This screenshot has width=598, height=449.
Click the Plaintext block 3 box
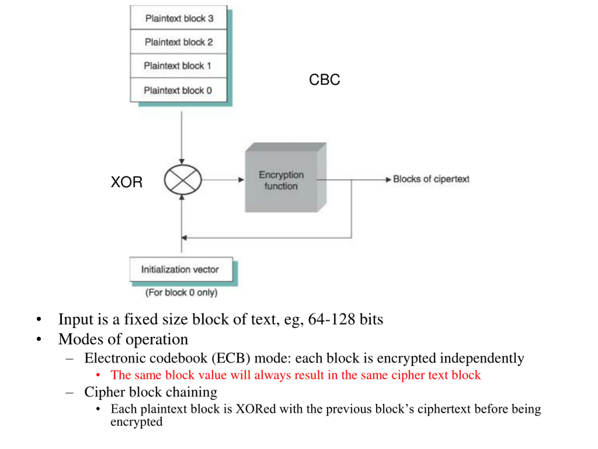[x=178, y=18]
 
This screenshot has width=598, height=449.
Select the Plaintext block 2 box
[x=178, y=42]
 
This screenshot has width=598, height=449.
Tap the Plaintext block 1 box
[x=178, y=66]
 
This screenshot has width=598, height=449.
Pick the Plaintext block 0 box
[x=178, y=90]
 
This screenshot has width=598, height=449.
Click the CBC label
[x=324, y=80]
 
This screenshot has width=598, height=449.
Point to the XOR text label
[x=127, y=182]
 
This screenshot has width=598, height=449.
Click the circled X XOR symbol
[x=183, y=180]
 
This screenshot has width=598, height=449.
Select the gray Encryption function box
[x=286, y=177]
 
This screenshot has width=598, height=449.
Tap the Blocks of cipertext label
[x=431, y=179]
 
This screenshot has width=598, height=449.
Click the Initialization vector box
[x=181, y=269]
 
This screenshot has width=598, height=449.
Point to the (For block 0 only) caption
[x=182, y=293]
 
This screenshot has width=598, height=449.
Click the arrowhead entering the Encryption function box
[x=241, y=180]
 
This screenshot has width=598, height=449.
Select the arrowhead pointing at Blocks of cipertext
[x=388, y=180]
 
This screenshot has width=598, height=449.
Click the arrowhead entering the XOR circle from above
[x=182, y=162]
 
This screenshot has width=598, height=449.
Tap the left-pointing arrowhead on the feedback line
[x=184, y=238]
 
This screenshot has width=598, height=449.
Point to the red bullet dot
[x=98, y=375]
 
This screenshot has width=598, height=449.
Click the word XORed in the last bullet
[x=256, y=409]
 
